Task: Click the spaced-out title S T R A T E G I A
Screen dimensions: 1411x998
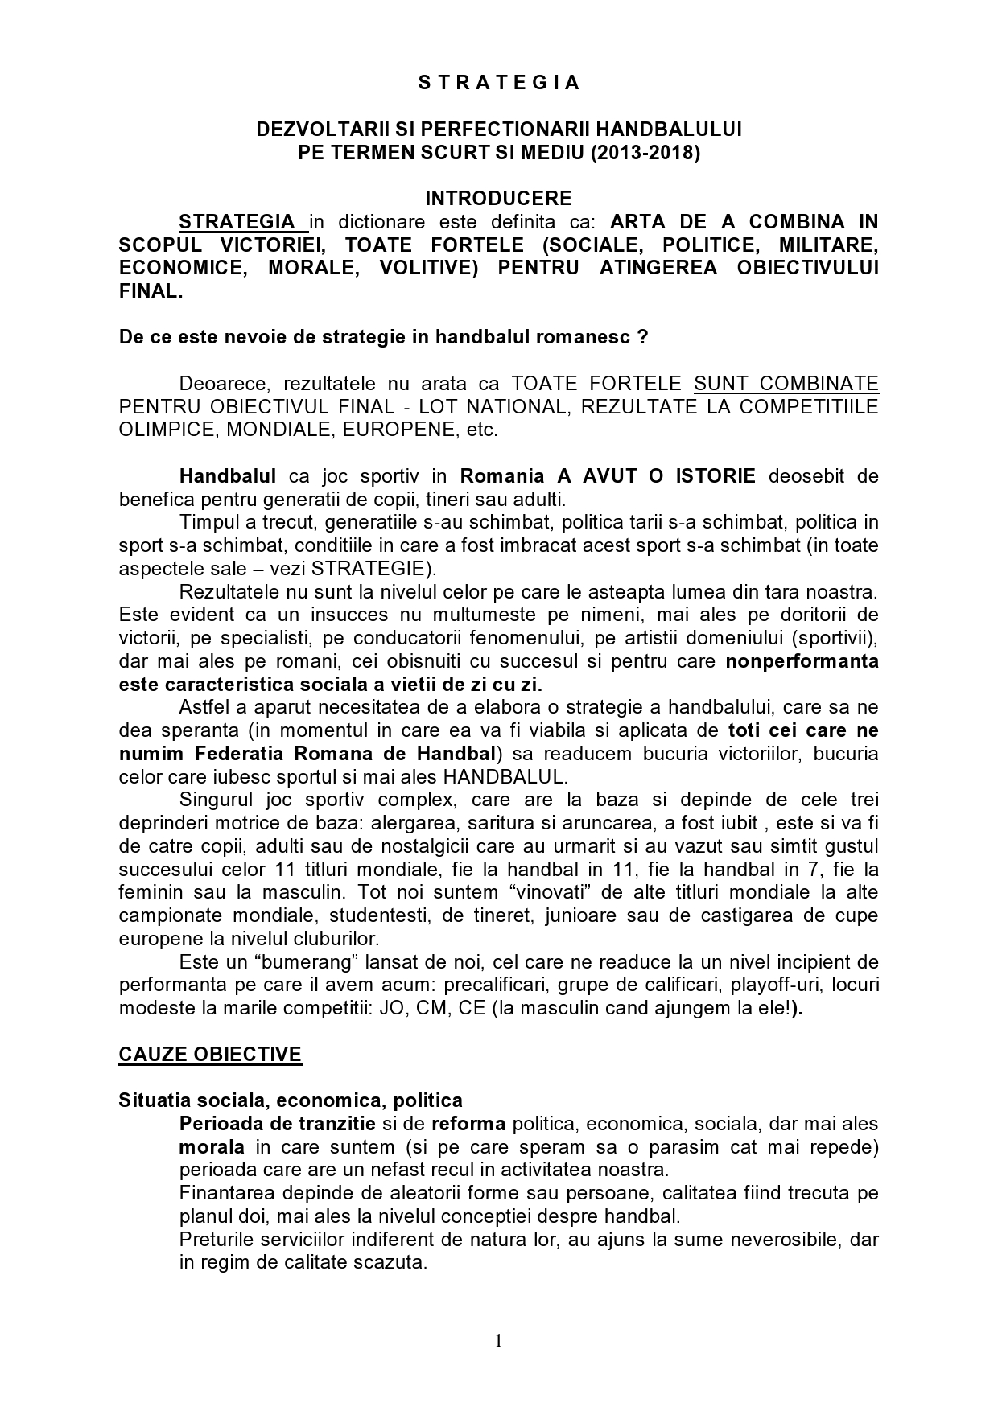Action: pos(498,83)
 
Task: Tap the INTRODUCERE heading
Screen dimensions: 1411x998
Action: pos(498,198)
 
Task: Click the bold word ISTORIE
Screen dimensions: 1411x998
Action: pos(714,475)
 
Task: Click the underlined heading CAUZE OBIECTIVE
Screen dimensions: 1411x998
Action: pos(210,1055)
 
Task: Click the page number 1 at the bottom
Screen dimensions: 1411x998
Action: pos(498,1339)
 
